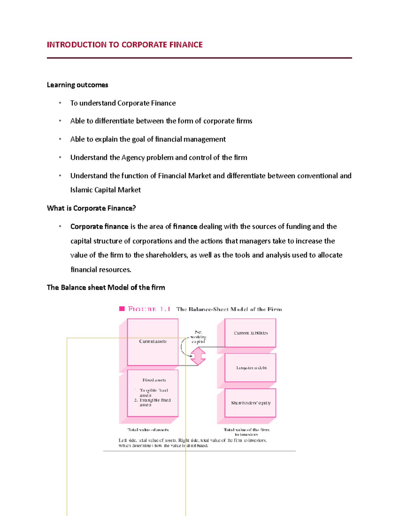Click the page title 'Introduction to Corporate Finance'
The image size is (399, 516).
pyautogui.click(x=125, y=45)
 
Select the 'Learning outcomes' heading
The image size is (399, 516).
pyautogui.click(x=77, y=85)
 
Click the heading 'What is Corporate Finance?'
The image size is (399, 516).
pyautogui.click(x=91, y=208)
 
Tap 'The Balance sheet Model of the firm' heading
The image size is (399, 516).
pyautogui.click(x=106, y=287)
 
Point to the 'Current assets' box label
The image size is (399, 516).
pyautogui.click(x=153, y=341)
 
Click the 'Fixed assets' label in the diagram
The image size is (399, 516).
pyautogui.click(x=154, y=380)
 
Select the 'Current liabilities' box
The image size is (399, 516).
pyautogui.click(x=251, y=333)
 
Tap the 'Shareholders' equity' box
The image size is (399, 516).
pyautogui.click(x=251, y=403)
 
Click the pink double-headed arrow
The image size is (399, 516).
pyautogui.click(x=198, y=356)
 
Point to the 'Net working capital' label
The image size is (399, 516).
pyautogui.click(x=198, y=337)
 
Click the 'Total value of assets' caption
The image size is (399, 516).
pyautogui.click(x=148, y=430)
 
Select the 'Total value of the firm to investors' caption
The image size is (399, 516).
pyautogui.click(x=246, y=432)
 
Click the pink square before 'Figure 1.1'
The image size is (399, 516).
pyautogui.click(x=122, y=309)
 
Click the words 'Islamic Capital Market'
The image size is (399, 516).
pyautogui.click(x=105, y=190)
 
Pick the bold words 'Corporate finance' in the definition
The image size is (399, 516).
pyautogui.click(x=99, y=227)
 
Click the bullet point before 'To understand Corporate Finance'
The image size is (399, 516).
pyautogui.click(x=60, y=103)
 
